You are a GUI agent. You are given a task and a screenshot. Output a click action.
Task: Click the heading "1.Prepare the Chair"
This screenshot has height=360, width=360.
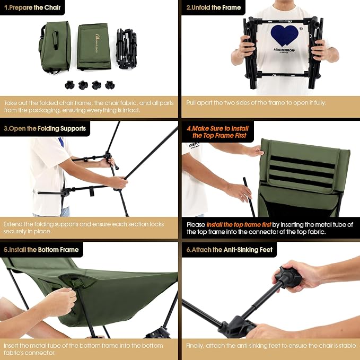(32, 7)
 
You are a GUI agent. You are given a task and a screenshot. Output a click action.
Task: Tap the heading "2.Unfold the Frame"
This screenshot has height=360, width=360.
(214, 7)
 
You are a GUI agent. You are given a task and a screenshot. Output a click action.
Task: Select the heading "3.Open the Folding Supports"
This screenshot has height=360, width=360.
(45, 128)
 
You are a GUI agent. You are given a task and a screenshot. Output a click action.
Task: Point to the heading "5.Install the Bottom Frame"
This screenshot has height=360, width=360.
(41, 250)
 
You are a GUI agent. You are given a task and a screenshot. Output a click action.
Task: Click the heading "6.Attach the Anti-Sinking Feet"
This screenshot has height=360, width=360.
(230, 250)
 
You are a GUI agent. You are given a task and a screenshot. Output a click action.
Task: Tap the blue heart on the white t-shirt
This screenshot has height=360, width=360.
(285, 36)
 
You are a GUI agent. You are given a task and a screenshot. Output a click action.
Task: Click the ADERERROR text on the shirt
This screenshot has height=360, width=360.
(284, 50)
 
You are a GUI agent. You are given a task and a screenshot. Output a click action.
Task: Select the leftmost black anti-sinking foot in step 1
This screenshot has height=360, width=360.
(69, 85)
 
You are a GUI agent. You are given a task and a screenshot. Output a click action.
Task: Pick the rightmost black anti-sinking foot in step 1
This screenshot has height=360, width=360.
(110, 85)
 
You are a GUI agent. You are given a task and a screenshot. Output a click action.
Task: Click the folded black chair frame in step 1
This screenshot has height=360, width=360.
(127, 48)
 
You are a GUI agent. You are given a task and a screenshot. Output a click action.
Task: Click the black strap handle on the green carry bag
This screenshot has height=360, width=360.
(55, 40)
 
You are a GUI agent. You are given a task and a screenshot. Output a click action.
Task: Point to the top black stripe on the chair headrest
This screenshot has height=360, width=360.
(303, 162)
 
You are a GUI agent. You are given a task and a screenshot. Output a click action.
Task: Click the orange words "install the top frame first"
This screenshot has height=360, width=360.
(239, 224)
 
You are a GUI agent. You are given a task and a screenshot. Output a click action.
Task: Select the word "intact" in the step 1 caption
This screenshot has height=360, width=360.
(131, 110)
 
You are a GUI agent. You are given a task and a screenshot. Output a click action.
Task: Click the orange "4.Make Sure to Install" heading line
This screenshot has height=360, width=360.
(218, 128)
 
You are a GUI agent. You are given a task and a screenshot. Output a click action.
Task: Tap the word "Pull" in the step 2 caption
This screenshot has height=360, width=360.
(191, 103)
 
